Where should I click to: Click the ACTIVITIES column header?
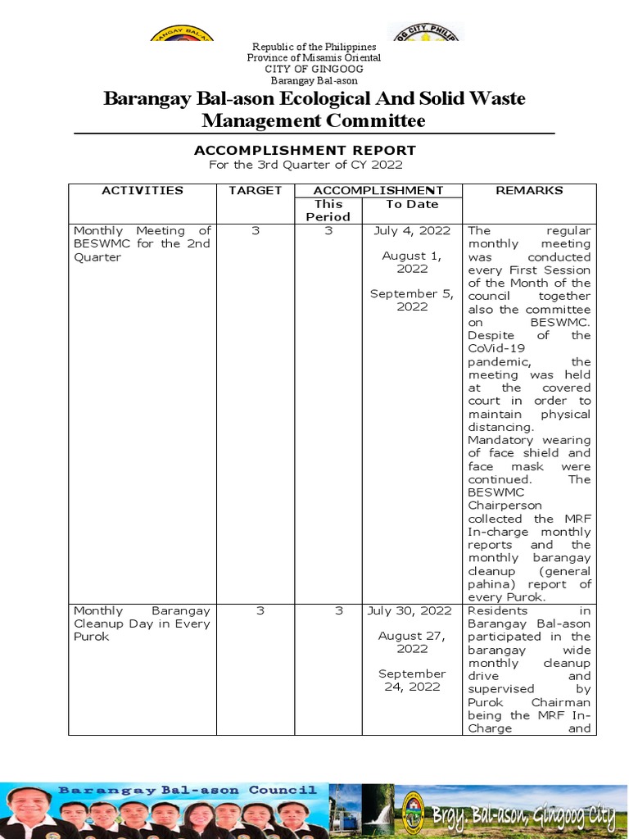coord(142,190)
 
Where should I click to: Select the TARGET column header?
coord(255,190)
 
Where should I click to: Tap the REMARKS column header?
coord(529,190)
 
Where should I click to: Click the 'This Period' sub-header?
coord(328,211)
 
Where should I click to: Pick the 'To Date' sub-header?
coord(412,204)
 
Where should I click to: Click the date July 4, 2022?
coord(412,230)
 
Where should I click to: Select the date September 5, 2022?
coord(412,300)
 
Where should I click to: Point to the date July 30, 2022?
coord(412,610)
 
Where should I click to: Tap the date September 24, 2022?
coord(412,680)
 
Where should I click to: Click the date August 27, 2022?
coord(412,642)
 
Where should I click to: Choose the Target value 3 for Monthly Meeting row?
coord(255,230)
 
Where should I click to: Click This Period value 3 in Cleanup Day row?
coord(328,610)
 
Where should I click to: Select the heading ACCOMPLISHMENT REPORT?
coord(305,150)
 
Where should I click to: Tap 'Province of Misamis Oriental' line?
coord(314,58)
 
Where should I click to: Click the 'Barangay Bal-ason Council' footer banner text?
coord(188,791)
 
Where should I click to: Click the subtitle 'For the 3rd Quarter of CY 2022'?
coord(305,165)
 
